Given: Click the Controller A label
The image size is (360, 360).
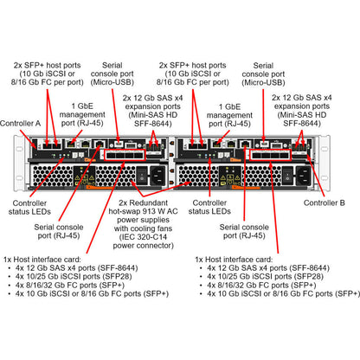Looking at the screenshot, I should click(x=22, y=123).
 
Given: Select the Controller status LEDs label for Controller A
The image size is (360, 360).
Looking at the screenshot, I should click(x=32, y=207).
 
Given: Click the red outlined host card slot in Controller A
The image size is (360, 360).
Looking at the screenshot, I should click(x=125, y=155).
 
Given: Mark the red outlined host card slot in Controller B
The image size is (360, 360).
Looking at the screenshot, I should click(x=272, y=155).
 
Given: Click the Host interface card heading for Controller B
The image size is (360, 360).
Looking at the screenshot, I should click(x=238, y=260).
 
